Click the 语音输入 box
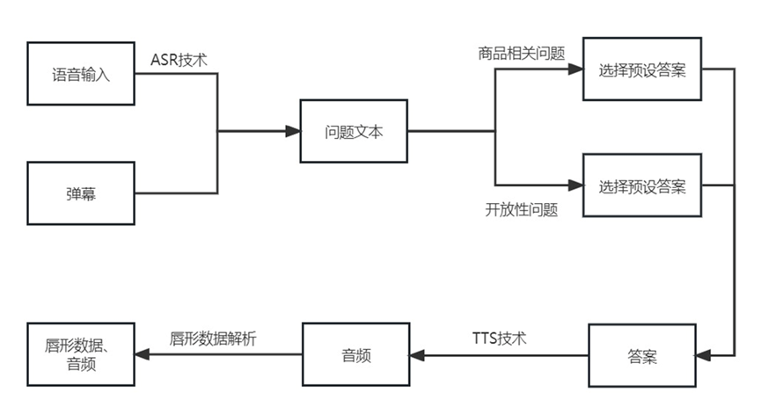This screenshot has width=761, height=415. tap(81, 72)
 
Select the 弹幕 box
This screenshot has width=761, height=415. tap(81, 193)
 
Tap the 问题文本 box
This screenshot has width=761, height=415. tap(354, 131)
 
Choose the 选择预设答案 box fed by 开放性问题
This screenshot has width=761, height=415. tap(642, 186)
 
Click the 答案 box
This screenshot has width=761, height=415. tap(641, 356)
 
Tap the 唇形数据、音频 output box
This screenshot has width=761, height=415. tap(81, 355)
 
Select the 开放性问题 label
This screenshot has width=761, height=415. tap(522, 210)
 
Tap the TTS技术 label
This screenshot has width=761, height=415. tap(500, 338)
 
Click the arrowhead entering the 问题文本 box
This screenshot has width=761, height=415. tap(293, 131)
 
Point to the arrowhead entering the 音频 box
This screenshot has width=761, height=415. tap(417, 355)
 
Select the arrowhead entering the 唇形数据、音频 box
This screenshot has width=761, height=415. tap(142, 355)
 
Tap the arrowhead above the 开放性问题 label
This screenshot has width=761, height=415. tap(576, 186)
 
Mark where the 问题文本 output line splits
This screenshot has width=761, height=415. tap(495, 131)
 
